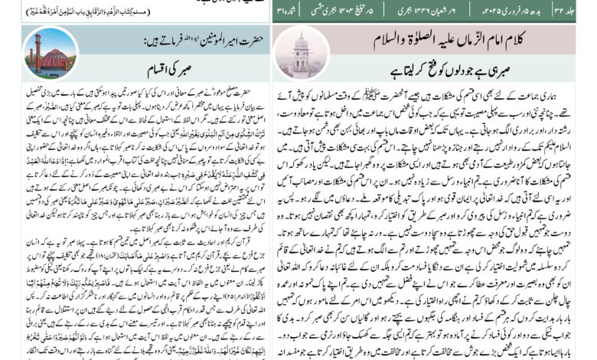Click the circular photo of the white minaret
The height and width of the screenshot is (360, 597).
[x=301, y=54]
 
